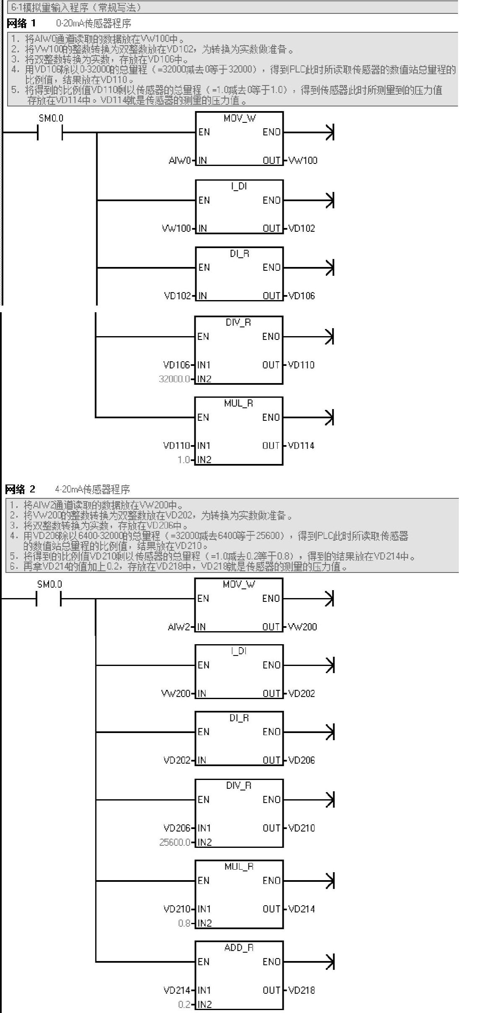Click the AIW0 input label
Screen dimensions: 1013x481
pyautogui.click(x=180, y=161)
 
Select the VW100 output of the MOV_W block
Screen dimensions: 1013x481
pyautogui.click(x=303, y=161)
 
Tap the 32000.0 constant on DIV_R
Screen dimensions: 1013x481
pyautogui.click(x=174, y=379)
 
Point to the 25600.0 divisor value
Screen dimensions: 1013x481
pyautogui.click(x=175, y=842)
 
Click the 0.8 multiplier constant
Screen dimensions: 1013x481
pyautogui.click(x=184, y=923)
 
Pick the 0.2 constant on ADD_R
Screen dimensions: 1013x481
pyautogui.click(x=184, y=1004)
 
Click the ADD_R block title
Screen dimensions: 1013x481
pyautogui.click(x=239, y=948)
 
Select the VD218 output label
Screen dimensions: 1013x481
pyautogui.click(x=302, y=990)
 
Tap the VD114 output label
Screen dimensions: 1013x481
pyautogui.click(x=301, y=446)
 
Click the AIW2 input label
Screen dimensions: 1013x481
pyautogui.click(x=179, y=627)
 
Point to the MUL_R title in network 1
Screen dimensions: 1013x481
pyautogui.click(x=238, y=403)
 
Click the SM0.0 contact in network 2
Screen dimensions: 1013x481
pyautogui.click(x=49, y=598)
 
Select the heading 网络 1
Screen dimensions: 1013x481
pyautogui.click(x=21, y=23)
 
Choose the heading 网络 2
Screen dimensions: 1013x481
pyautogui.click(x=20, y=489)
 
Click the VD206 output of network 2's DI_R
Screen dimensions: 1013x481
pyautogui.click(x=302, y=760)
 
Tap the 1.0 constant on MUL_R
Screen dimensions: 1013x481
pyautogui.click(x=184, y=460)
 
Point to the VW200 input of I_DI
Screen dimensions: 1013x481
pyautogui.click(x=176, y=693)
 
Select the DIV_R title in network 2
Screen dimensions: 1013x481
pyautogui.click(x=239, y=785)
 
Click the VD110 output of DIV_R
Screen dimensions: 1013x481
pyautogui.click(x=301, y=365)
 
